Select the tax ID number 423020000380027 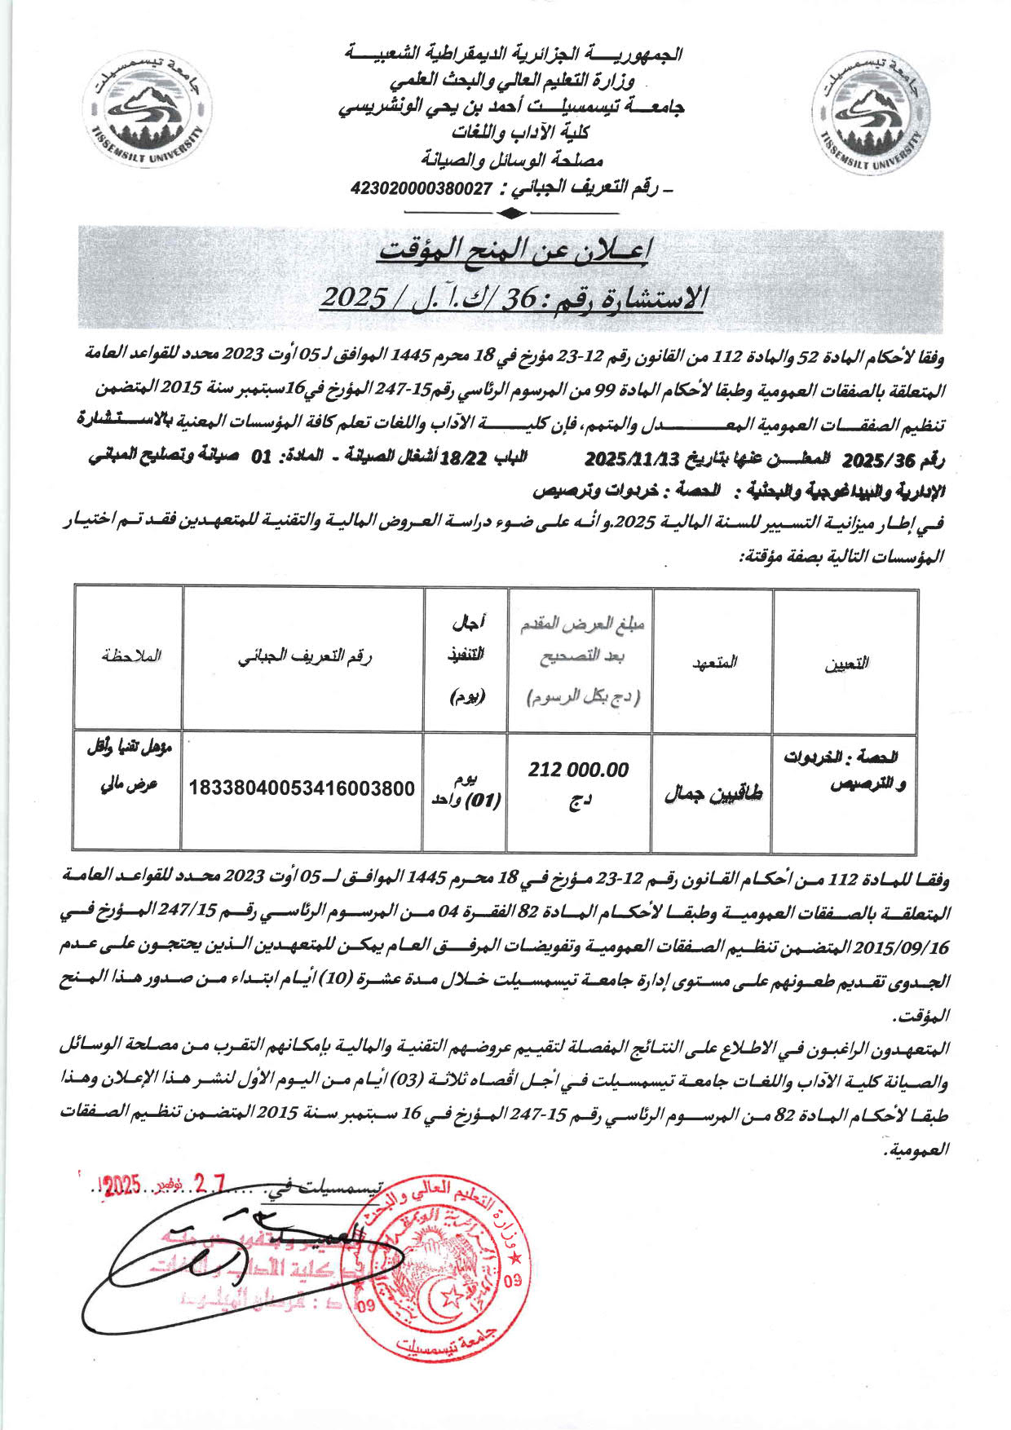click(422, 188)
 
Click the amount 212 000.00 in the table click(578, 770)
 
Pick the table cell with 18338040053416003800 click(302, 789)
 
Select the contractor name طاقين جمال click(713, 792)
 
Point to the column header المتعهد click(714, 662)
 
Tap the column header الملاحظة click(131, 655)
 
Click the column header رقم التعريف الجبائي click(304, 657)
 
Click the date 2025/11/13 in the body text click(632, 458)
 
